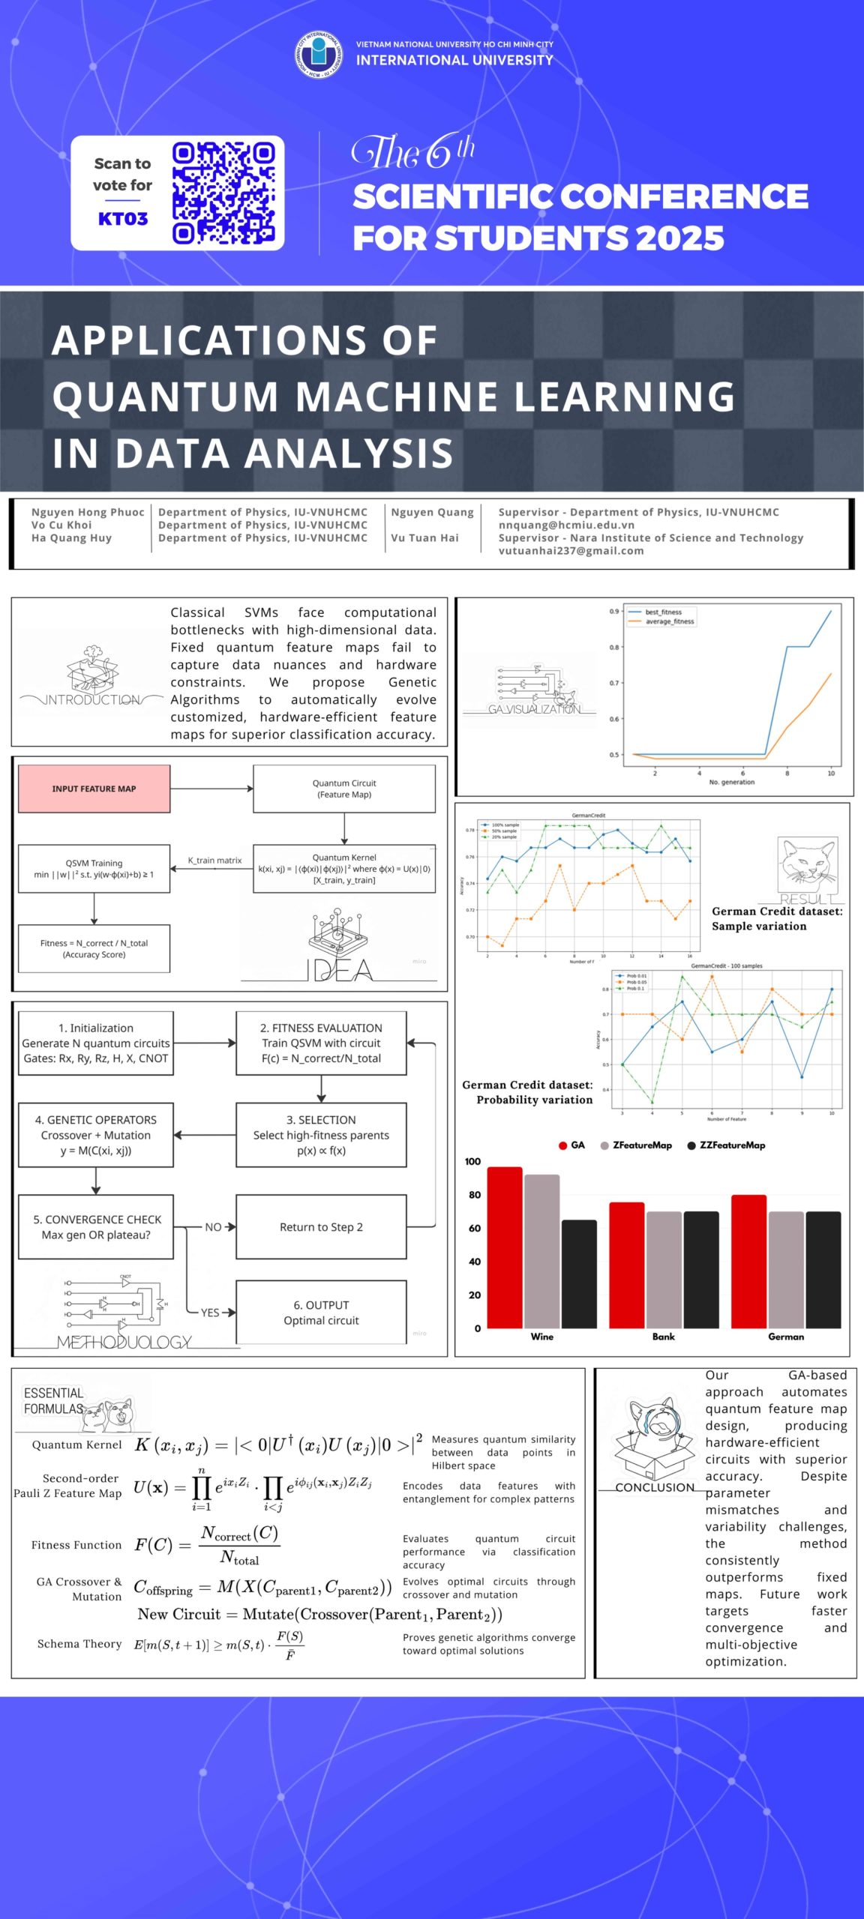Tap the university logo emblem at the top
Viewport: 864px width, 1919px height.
coord(318,54)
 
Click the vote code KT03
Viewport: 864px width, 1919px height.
coord(123,219)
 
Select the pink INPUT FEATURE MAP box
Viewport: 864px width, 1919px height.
coord(94,789)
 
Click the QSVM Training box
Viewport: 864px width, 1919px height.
coord(94,869)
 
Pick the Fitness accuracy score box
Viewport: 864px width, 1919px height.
coord(94,949)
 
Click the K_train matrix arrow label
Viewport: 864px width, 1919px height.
coord(214,861)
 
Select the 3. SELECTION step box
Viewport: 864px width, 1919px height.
coord(321,1135)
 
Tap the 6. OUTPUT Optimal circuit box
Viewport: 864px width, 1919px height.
coord(321,1313)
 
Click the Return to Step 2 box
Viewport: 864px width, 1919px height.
coord(321,1227)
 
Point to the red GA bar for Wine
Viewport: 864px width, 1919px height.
coord(505,1248)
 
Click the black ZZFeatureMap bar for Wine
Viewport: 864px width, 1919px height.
coord(579,1274)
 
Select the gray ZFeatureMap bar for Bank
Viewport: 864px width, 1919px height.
coord(664,1271)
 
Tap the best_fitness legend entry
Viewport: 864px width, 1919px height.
coord(663,612)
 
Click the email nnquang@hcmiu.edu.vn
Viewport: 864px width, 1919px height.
coord(566,525)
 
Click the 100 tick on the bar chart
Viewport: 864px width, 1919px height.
coord(472,1162)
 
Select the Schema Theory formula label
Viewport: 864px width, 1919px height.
coord(79,1644)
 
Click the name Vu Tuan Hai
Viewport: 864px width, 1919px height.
coord(424,537)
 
